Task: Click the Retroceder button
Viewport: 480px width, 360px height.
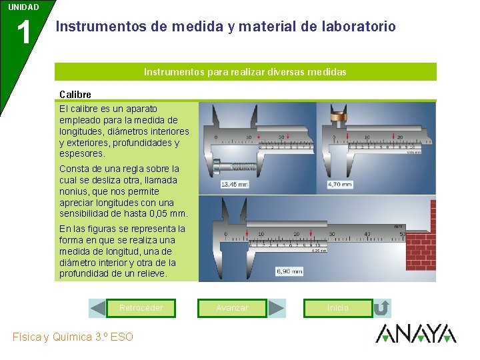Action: [141, 308]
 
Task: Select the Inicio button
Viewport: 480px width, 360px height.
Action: [337, 308]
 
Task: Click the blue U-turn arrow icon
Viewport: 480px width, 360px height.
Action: [381, 308]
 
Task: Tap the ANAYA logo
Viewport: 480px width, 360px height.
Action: [415, 333]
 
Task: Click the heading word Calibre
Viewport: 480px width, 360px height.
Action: [75, 95]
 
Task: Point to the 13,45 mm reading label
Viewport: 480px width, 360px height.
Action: [234, 184]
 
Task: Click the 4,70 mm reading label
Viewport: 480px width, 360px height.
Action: [339, 184]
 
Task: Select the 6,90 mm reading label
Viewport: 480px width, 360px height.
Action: [289, 271]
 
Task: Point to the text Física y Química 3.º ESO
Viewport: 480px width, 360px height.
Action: [73, 337]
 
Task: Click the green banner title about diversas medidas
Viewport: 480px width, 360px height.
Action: [245, 72]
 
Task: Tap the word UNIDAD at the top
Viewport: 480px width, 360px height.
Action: [23, 7]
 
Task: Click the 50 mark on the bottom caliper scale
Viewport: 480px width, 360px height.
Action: [402, 234]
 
